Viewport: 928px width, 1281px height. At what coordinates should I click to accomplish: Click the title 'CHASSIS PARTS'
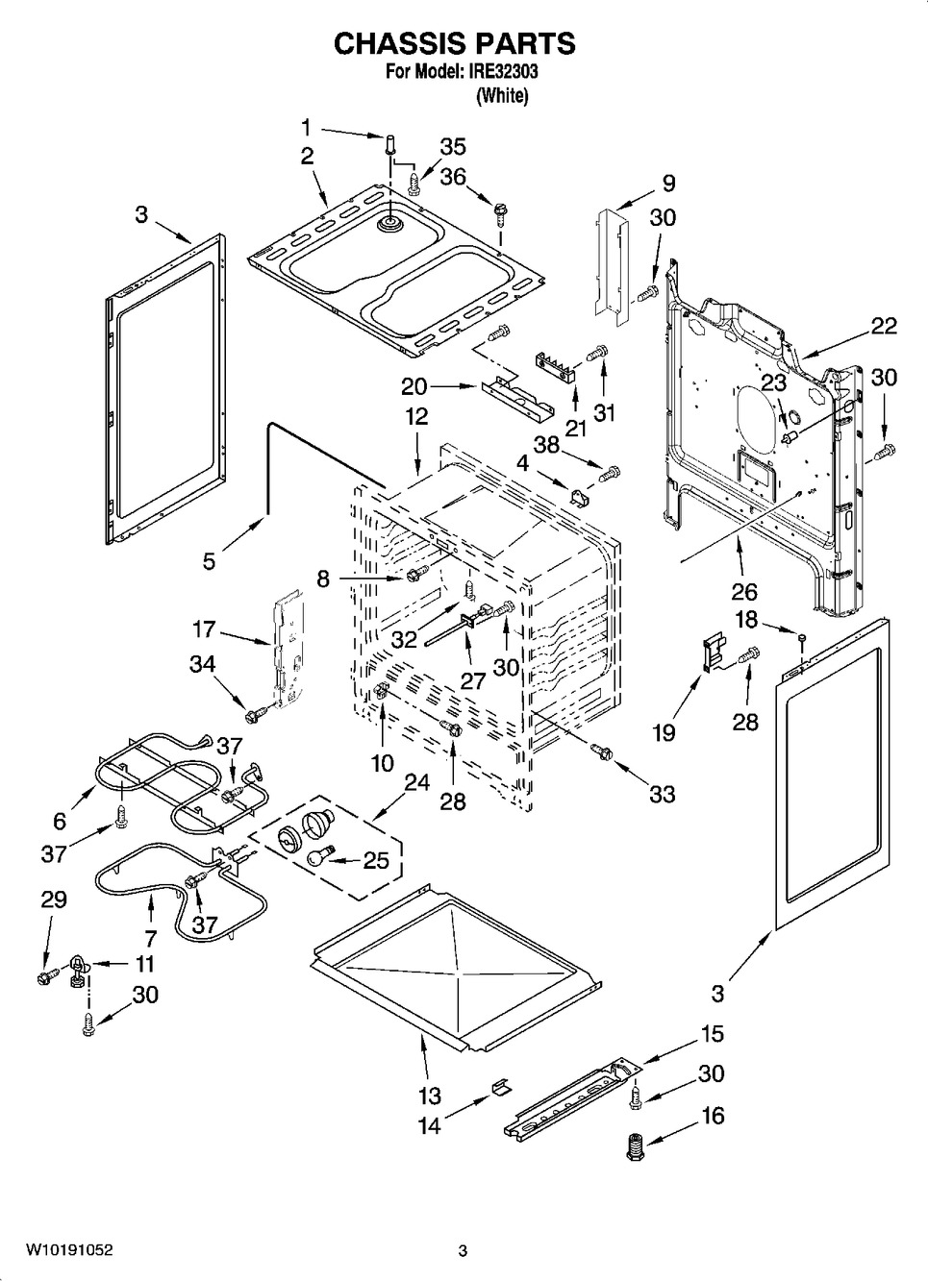click(x=454, y=42)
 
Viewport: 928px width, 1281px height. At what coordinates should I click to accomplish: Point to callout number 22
click(x=883, y=326)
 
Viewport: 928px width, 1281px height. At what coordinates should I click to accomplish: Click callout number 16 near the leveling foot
click(x=713, y=1116)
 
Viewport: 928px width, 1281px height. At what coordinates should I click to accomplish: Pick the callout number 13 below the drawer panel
click(x=429, y=1095)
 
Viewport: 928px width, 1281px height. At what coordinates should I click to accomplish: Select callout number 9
click(x=667, y=183)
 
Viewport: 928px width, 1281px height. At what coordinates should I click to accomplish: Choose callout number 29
click(x=54, y=899)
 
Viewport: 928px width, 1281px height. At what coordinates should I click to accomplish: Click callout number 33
click(x=662, y=794)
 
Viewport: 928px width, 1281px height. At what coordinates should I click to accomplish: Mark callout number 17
click(x=203, y=630)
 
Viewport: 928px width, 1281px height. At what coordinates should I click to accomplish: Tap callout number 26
click(x=744, y=591)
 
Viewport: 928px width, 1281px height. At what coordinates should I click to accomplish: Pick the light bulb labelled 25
click(x=318, y=856)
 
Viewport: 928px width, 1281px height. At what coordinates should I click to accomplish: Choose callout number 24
click(x=416, y=782)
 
